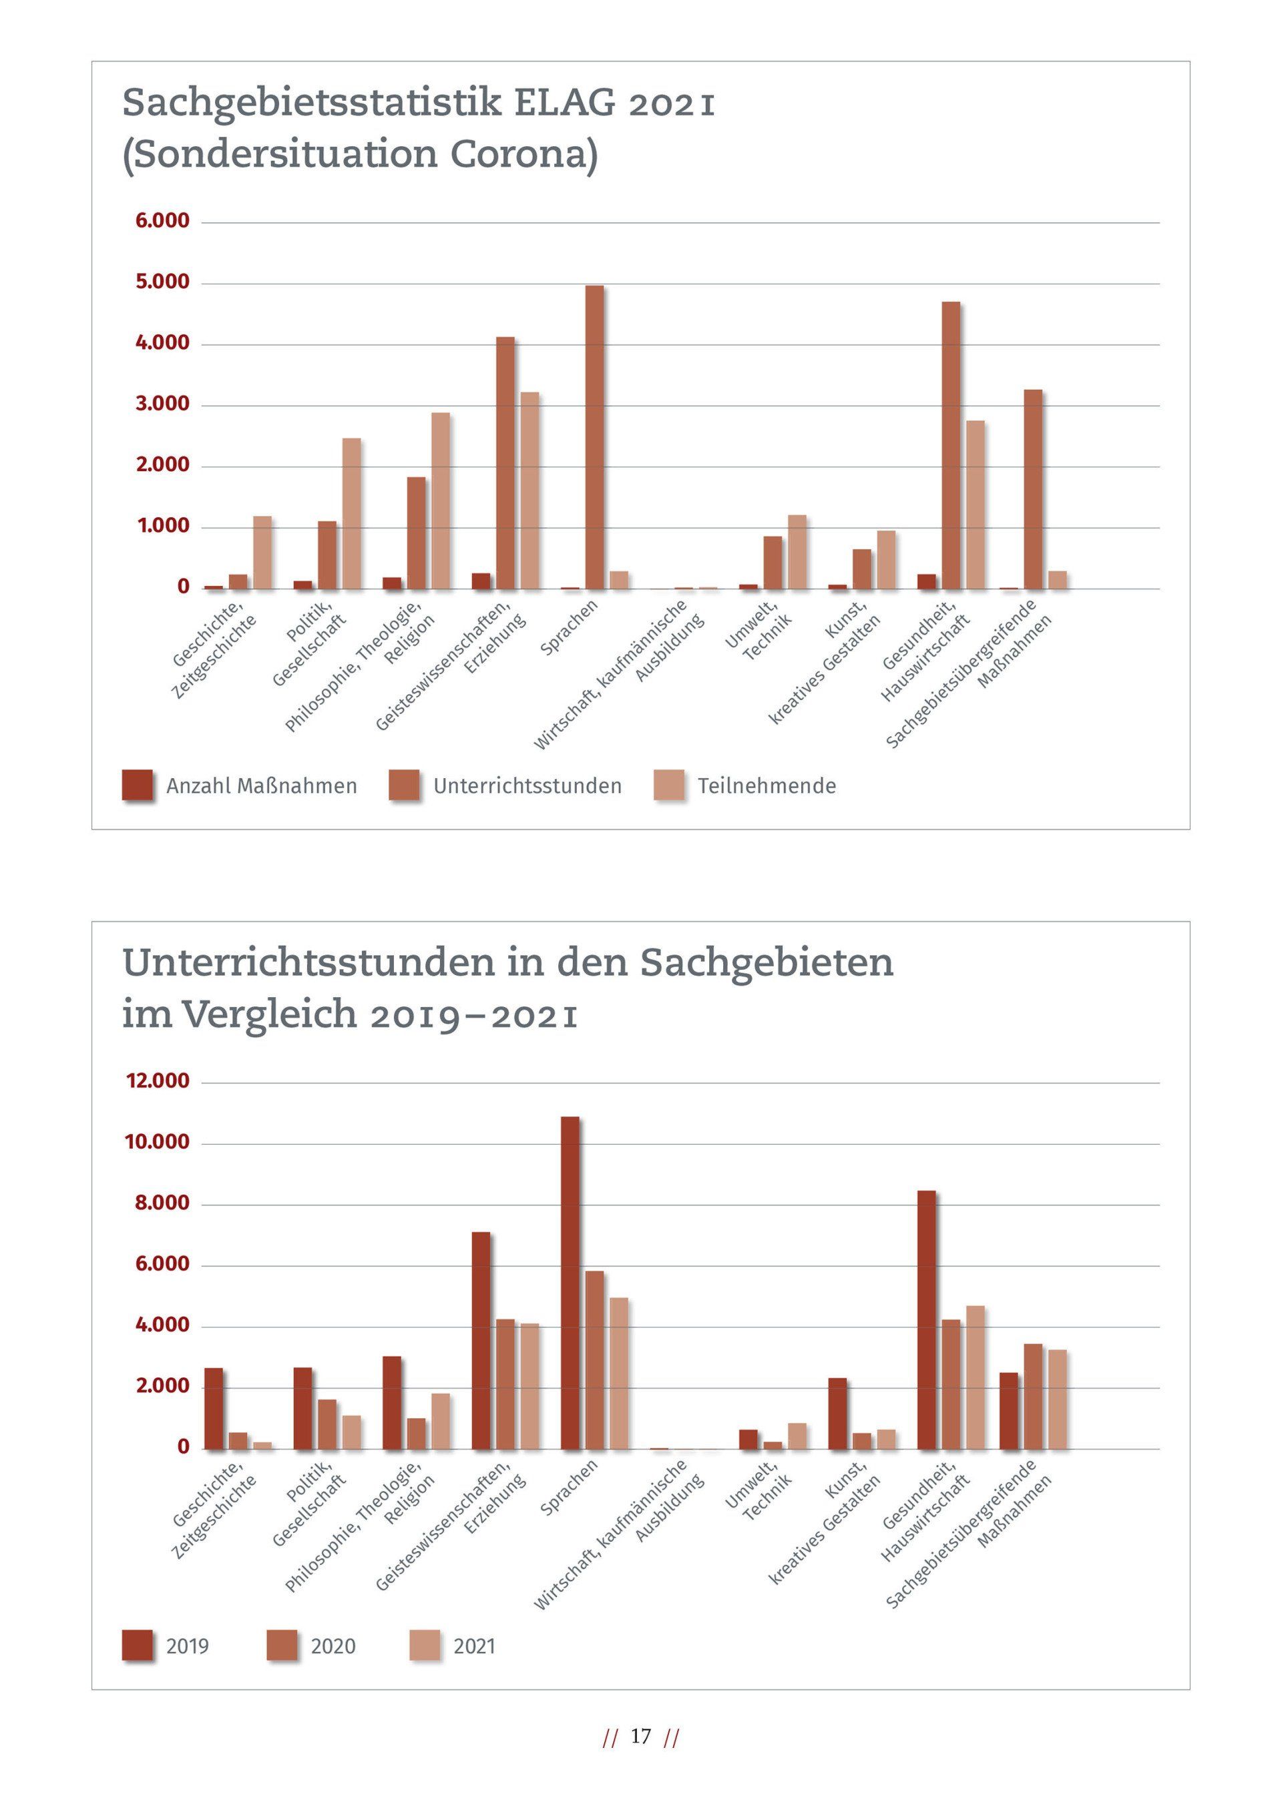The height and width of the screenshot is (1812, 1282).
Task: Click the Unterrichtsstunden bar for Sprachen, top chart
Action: click(594, 437)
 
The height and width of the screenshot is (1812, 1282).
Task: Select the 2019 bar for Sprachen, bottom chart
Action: click(569, 1283)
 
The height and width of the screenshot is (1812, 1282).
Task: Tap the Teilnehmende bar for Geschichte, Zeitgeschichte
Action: click(262, 553)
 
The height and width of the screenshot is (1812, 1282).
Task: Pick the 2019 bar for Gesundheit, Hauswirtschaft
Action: click(926, 1319)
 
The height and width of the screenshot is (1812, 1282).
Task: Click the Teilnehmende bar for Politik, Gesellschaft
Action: click(351, 514)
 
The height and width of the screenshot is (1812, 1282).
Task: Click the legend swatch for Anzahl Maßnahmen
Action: click(138, 786)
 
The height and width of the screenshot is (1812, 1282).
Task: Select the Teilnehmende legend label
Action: click(767, 786)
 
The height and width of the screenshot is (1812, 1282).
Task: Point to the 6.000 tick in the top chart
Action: click(163, 221)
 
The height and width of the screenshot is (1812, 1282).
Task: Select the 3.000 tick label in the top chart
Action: click(163, 404)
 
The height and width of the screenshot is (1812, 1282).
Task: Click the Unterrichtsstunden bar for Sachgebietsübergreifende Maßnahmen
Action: click(1032, 489)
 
